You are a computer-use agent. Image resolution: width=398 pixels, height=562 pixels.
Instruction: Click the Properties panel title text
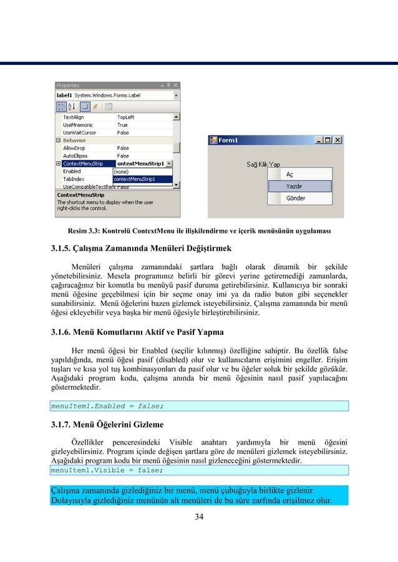[68, 86]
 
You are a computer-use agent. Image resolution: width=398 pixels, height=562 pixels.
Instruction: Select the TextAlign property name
[74, 117]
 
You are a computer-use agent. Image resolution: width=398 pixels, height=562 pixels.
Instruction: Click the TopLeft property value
[125, 117]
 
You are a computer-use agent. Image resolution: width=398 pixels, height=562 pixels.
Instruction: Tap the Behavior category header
[74, 140]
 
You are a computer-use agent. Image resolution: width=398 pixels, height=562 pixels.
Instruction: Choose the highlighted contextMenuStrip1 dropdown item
[133, 179]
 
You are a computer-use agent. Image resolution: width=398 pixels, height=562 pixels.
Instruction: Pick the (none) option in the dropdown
[122, 171]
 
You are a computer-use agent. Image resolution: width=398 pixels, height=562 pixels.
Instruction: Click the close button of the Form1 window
[337, 140]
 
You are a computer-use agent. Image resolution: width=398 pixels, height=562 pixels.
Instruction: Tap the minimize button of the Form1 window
[319, 140]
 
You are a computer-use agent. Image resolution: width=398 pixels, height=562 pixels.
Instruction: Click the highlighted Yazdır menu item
[294, 186]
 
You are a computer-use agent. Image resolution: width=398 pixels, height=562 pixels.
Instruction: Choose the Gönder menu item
[295, 198]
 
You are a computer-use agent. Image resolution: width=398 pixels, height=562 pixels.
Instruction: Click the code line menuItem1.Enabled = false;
[107, 406]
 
